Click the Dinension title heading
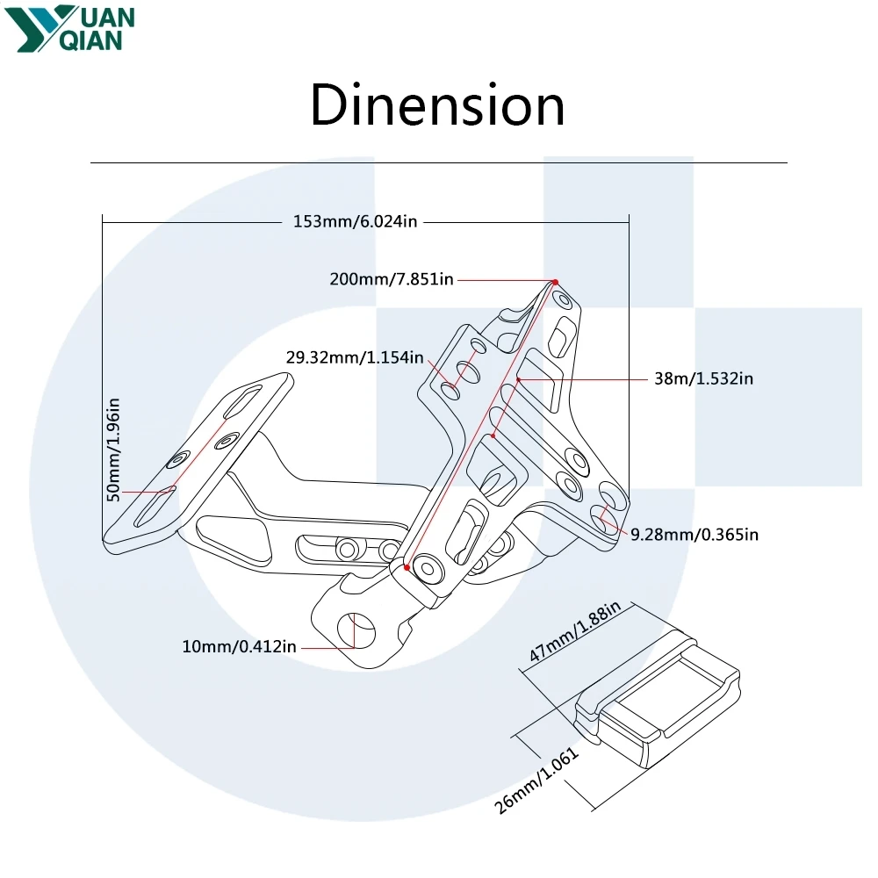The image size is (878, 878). [437, 105]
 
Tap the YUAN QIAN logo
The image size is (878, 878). [69, 29]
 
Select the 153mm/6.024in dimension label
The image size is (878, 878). [356, 222]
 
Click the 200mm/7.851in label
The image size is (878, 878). [392, 279]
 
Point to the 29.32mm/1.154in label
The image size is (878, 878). [355, 358]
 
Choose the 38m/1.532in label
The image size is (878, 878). [704, 379]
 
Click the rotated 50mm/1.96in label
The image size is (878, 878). [113, 450]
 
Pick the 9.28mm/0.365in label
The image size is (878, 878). [694, 535]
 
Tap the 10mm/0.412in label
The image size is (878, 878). [239, 647]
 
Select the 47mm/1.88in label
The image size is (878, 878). [575, 631]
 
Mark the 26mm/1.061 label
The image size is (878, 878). [536, 780]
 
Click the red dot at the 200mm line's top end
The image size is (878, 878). [555, 282]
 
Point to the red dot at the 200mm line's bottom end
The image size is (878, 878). [407, 567]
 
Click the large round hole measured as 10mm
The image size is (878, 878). [356, 631]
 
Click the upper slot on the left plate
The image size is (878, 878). [242, 401]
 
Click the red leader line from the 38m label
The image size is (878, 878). [583, 379]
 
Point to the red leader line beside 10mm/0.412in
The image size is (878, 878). [328, 648]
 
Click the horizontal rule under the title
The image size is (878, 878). [439, 163]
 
